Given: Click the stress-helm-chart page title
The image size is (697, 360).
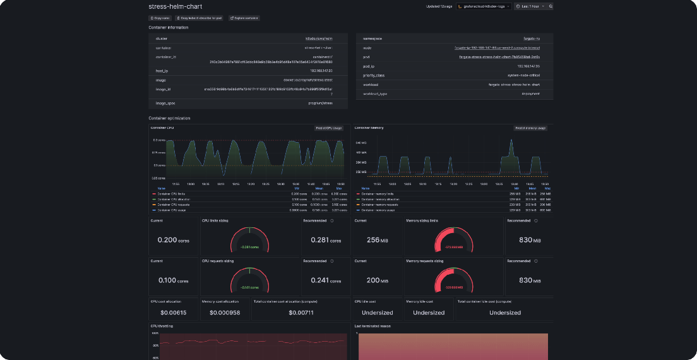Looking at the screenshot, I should [175, 6].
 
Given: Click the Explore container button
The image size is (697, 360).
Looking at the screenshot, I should [244, 18].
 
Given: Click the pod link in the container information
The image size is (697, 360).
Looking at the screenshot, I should [499, 57].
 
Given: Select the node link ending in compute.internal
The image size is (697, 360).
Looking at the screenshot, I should [497, 48].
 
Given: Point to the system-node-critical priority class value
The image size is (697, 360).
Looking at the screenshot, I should [523, 75].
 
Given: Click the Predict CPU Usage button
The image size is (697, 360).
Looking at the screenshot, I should [329, 128].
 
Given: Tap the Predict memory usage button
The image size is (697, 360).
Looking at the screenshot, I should [530, 128].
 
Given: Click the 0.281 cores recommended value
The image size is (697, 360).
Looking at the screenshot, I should [325, 241].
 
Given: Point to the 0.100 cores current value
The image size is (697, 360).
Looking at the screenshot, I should [172, 281].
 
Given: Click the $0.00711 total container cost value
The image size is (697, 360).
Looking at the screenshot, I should [301, 313].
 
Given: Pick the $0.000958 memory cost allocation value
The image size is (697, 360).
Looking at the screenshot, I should [225, 313].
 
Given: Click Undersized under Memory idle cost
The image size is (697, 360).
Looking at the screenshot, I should [429, 313].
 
